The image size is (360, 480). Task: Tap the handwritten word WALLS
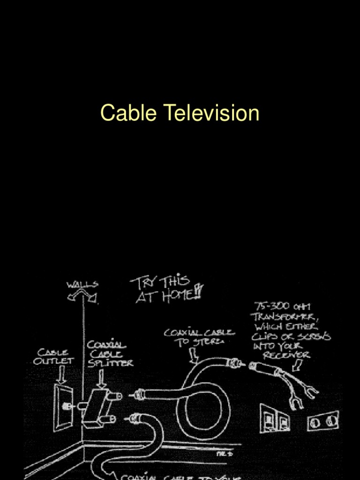[x=82, y=284]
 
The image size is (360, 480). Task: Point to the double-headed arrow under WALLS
[x=82, y=297]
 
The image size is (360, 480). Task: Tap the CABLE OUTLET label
[x=53, y=357]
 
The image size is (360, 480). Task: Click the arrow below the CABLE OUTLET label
[x=61, y=374]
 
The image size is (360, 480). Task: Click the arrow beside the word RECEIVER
[x=297, y=365]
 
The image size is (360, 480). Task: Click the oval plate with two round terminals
[x=323, y=420]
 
